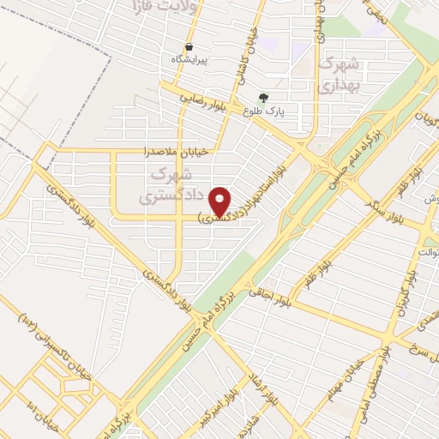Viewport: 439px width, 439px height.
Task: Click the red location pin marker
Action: [x=220, y=201]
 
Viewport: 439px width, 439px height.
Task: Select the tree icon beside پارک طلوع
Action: [x=263, y=98]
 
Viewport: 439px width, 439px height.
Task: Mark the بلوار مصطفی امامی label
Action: [x=396, y=372]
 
